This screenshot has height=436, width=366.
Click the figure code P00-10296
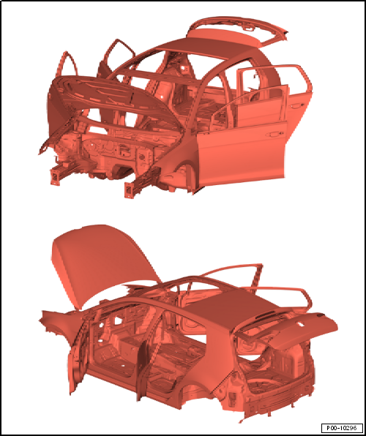[x=342, y=427]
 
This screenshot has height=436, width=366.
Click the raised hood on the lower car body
[x=103, y=264]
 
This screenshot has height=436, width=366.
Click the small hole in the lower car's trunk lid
[x=301, y=324]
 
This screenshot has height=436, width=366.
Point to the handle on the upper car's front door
[x=274, y=135]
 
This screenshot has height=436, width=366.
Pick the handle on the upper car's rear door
[x=296, y=105]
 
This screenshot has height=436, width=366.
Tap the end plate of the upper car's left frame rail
[x=54, y=176]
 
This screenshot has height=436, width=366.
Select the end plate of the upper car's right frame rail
[x=129, y=189]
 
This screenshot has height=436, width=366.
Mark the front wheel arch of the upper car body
[x=178, y=173]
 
